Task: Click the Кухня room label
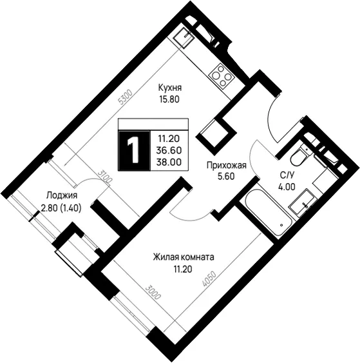(x=170, y=88)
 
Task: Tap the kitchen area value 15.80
(x=169, y=99)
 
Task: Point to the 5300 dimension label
(x=125, y=97)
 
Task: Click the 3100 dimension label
(x=104, y=177)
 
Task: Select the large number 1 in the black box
(x=133, y=150)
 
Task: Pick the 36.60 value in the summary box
(x=169, y=150)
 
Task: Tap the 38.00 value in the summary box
(x=169, y=162)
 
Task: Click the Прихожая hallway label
(x=226, y=166)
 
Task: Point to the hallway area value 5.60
(x=226, y=177)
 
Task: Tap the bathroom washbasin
(x=303, y=203)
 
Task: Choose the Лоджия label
(x=62, y=196)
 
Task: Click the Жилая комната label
(x=184, y=257)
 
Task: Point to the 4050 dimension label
(x=209, y=279)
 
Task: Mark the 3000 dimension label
(x=153, y=292)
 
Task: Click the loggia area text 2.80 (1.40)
(x=61, y=209)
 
